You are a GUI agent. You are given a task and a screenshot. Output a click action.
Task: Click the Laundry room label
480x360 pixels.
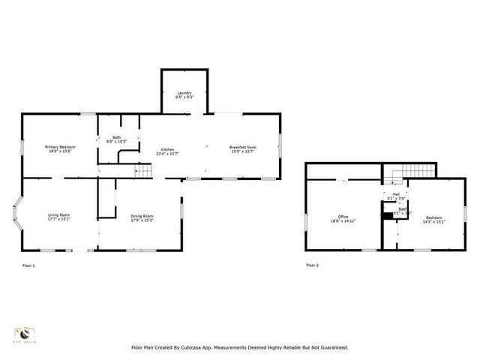(184, 92)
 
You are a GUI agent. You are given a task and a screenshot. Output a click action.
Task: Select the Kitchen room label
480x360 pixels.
(168, 149)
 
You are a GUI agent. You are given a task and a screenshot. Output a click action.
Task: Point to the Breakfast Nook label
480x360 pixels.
(243, 147)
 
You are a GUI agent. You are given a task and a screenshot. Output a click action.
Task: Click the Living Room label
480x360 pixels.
(59, 215)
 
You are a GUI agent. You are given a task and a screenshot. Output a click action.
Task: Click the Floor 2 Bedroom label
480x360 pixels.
(434, 217)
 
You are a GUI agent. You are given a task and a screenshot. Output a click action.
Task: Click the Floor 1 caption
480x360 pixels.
(28, 265)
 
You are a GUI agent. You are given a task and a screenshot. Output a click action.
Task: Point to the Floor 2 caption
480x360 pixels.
(312, 265)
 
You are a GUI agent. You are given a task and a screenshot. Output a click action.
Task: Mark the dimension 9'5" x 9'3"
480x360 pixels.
(184, 97)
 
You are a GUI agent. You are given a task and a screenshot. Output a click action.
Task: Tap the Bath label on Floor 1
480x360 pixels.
(117, 137)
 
